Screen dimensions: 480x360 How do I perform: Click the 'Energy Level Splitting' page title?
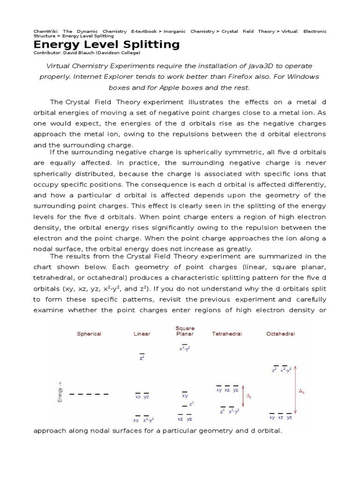106,45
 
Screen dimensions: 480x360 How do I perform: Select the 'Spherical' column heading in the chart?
89,334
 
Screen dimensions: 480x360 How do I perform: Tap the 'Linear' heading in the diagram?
142,334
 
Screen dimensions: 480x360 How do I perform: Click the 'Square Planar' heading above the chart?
185,331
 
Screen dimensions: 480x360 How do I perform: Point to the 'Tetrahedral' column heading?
227,334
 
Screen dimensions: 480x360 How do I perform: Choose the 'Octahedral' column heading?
281,334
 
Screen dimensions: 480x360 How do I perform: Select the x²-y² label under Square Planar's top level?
185,349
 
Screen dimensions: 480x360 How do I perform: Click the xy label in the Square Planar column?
185,396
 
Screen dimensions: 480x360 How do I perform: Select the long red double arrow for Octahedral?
296,390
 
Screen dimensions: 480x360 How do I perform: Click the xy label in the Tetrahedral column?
219,390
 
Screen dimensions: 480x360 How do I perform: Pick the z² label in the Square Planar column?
192,403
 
